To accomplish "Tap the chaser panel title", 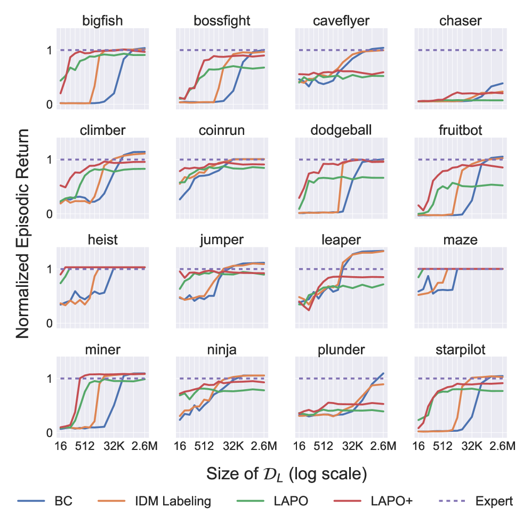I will click(461, 21).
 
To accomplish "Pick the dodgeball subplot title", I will click(342, 131).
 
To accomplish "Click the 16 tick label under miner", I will click(61, 446).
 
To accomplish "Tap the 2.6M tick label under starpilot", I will click(501, 446).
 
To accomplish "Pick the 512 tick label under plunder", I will click(323, 446).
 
